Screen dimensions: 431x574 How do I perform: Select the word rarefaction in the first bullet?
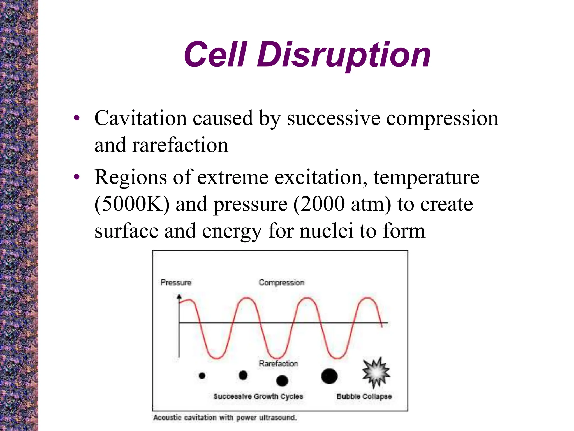coord(180,145)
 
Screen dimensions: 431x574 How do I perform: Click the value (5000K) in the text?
coord(132,204)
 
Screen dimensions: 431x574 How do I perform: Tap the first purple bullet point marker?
coord(77,118)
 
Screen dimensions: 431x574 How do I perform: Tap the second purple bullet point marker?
coord(77,177)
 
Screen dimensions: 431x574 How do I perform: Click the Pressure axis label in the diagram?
coord(176,282)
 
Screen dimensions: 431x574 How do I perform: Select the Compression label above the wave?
coord(281,282)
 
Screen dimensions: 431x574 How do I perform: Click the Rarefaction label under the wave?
coord(278,363)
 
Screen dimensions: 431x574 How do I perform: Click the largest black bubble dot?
coord(329,376)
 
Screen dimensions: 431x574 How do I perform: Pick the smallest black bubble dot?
coord(202,375)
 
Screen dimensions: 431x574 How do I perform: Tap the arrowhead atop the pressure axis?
coord(179,296)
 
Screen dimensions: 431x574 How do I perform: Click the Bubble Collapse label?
coord(364,396)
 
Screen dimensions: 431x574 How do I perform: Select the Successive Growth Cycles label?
coord(258,396)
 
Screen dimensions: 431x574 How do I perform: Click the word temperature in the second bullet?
coord(426,178)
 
